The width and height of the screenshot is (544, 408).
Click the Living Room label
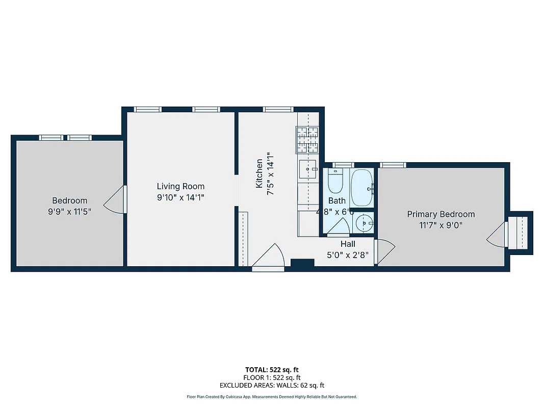tap(180, 187)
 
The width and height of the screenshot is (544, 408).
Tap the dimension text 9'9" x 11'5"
tap(70, 211)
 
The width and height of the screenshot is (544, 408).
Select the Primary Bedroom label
tap(441, 214)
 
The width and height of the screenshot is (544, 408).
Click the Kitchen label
tap(260, 173)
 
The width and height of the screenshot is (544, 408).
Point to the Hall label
tap(348, 244)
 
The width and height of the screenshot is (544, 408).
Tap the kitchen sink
tap(308, 168)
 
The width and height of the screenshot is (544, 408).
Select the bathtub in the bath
tap(362, 187)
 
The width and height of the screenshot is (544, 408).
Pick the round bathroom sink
tap(364, 222)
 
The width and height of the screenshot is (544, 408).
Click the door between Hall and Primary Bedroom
tap(385, 251)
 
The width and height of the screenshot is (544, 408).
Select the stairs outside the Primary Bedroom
tap(520, 231)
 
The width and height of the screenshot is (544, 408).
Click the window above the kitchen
tap(278, 109)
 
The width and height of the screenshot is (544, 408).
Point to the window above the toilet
tap(343, 165)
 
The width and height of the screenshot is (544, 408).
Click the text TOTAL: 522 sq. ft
tap(272, 369)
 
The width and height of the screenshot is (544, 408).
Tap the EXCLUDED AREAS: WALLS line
tap(272, 386)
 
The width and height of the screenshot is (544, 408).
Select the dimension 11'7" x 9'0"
tap(441, 225)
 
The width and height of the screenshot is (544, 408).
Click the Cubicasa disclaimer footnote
tap(272, 396)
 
